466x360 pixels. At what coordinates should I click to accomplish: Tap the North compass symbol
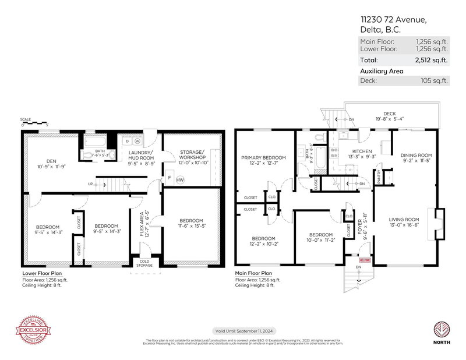441,329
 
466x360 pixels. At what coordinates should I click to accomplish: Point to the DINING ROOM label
416,156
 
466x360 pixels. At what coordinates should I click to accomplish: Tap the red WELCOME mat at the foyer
365,260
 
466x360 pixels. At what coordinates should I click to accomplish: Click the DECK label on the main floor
389,114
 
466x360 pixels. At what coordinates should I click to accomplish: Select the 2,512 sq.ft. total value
432,60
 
